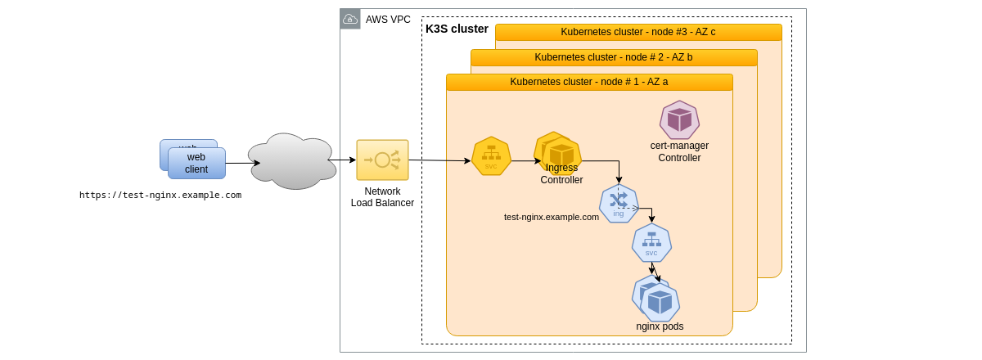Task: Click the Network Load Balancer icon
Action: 382,160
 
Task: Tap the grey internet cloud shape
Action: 292,161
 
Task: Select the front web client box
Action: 196,164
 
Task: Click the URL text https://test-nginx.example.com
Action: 160,195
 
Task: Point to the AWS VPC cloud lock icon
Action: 350,19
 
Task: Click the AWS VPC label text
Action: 388,20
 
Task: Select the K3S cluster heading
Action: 457,29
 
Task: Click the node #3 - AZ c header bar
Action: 638,32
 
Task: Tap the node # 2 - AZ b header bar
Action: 614,57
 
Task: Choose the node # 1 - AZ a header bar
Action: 589,82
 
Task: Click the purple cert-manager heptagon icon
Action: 679,120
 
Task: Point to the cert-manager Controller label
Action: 679,151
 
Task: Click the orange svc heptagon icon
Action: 491,155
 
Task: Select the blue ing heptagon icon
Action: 619,204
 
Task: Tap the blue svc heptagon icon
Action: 651,243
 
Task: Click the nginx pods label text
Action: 660,326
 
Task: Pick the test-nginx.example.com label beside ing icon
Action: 551,217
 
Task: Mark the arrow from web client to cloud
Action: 242,163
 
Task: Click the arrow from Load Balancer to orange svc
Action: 439,160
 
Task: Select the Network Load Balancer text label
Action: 382,197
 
